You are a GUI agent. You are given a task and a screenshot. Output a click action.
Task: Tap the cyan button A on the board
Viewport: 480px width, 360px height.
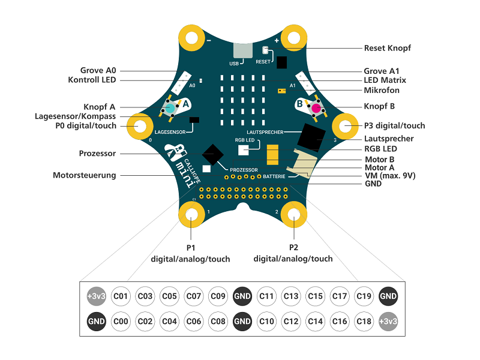click(170, 108)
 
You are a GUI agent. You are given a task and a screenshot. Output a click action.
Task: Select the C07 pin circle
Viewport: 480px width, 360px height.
click(193, 296)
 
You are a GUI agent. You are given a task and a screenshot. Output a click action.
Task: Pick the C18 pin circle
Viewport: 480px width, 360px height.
click(364, 321)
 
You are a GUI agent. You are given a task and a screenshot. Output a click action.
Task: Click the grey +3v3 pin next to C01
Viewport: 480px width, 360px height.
click(97, 296)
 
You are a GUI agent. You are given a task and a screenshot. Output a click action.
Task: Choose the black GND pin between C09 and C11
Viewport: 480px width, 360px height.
click(242, 296)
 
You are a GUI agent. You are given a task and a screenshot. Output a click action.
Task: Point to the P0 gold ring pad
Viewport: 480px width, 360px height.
click(141, 126)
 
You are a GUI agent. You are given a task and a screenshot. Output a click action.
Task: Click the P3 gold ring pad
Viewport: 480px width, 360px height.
click(345, 126)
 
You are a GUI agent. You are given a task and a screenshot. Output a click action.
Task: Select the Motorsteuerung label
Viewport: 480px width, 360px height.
click(85, 175)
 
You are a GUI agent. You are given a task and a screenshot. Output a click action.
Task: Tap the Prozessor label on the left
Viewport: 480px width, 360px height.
click(97, 154)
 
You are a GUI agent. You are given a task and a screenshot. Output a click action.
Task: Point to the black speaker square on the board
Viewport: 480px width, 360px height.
click(310, 137)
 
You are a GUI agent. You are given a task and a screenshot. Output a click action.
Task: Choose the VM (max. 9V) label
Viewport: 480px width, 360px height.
click(390, 176)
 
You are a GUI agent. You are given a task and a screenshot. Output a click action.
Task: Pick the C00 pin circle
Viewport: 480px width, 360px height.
click(121, 321)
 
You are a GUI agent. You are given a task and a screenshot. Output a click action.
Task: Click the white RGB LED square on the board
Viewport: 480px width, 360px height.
click(244, 151)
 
